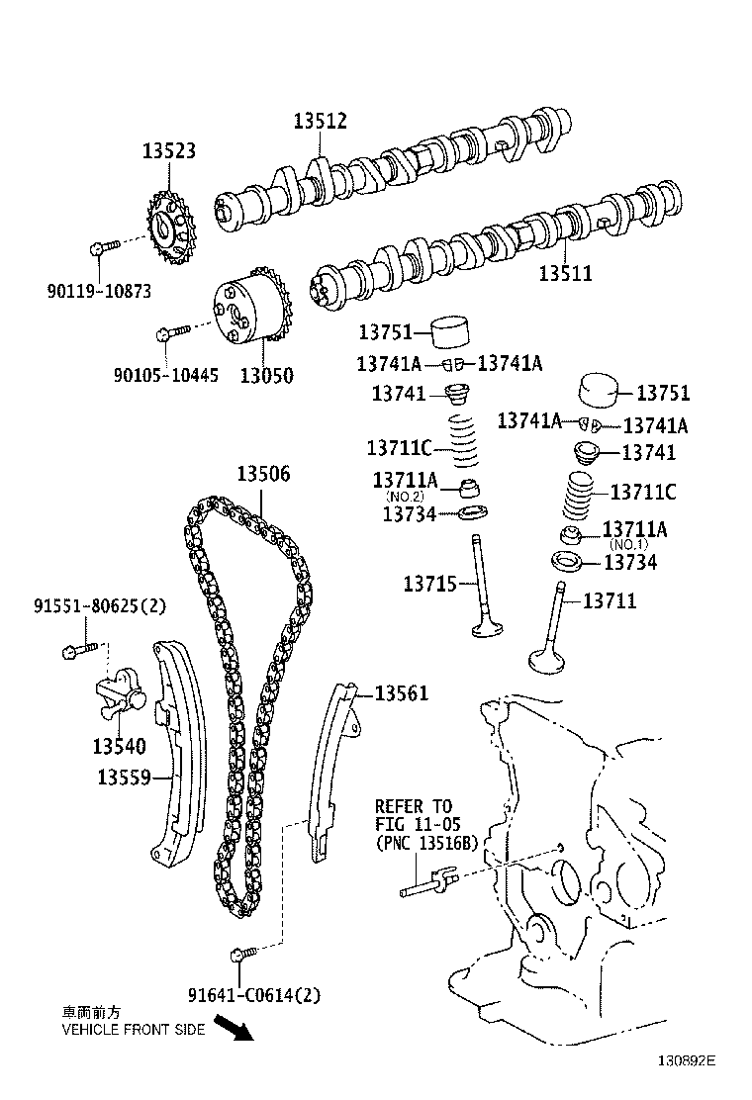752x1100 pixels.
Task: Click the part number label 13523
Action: (x=168, y=151)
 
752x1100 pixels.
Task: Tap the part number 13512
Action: (x=320, y=122)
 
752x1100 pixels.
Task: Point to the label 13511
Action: (x=565, y=273)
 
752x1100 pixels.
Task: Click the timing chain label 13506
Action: (x=263, y=474)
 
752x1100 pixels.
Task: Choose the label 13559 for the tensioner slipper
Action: (x=124, y=778)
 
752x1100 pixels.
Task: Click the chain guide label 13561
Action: (x=401, y=693)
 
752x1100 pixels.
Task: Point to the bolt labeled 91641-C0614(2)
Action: (x=241, y=954)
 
